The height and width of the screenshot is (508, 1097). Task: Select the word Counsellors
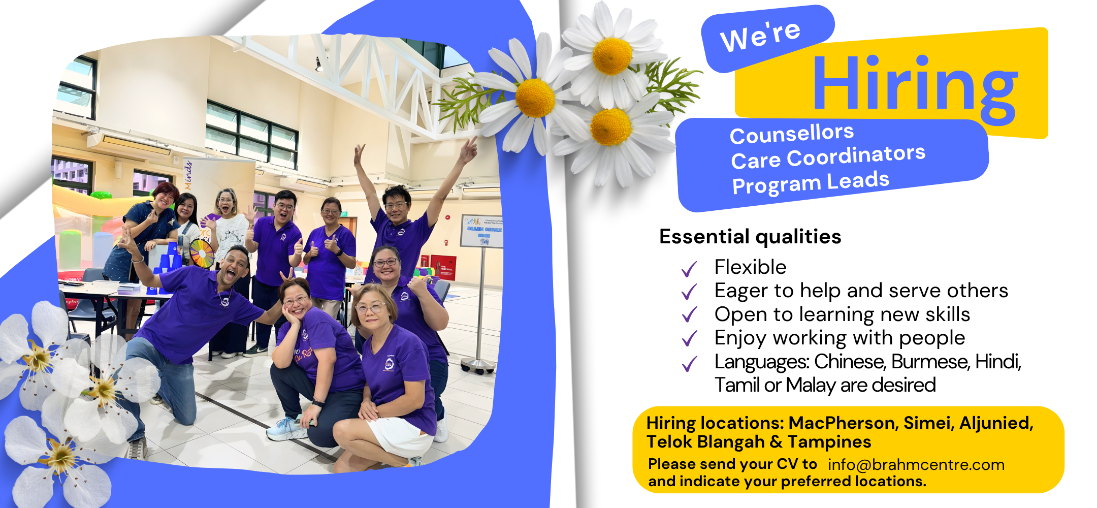(792, 134)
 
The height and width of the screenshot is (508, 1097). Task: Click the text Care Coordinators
(828, 156)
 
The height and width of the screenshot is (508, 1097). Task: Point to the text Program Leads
(811, 182)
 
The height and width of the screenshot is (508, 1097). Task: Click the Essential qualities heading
(750, 237)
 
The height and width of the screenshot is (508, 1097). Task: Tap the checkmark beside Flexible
(689, 269)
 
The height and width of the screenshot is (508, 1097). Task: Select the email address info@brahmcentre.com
(916, 465)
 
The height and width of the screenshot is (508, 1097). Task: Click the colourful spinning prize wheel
(202, 253)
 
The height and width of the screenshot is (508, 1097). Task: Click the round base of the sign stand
(478, 365)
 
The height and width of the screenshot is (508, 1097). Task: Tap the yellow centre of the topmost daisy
(612, 56)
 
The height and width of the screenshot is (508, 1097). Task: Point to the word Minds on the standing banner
(188, 176)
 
